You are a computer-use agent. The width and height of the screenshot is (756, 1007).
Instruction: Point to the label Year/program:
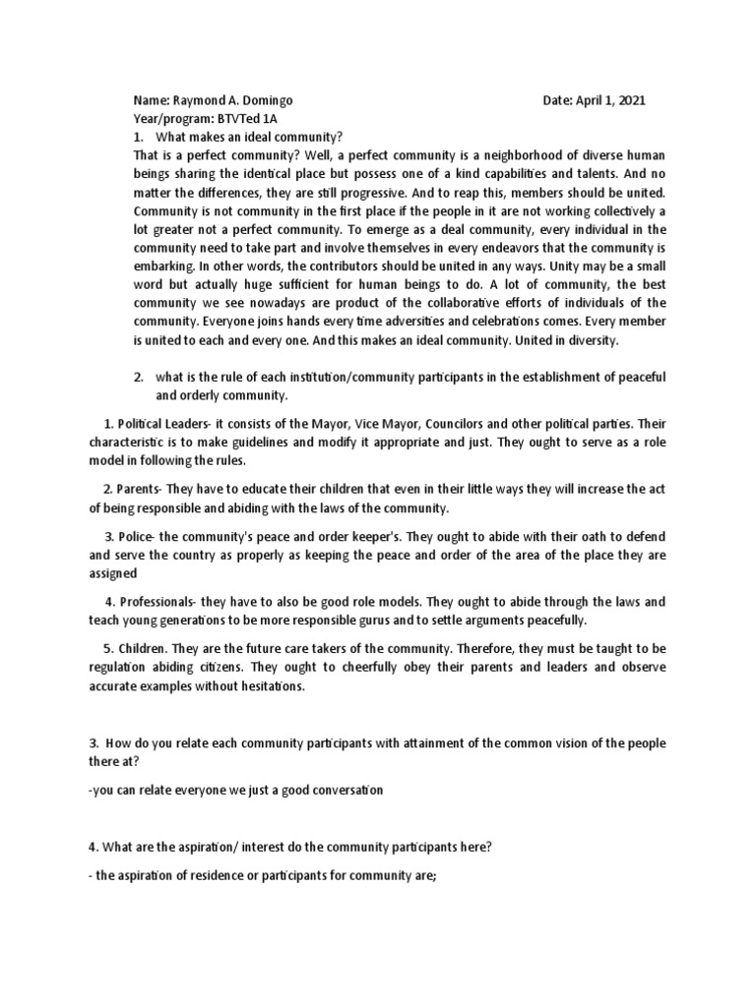pyautogui.click(x=170, y=118)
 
